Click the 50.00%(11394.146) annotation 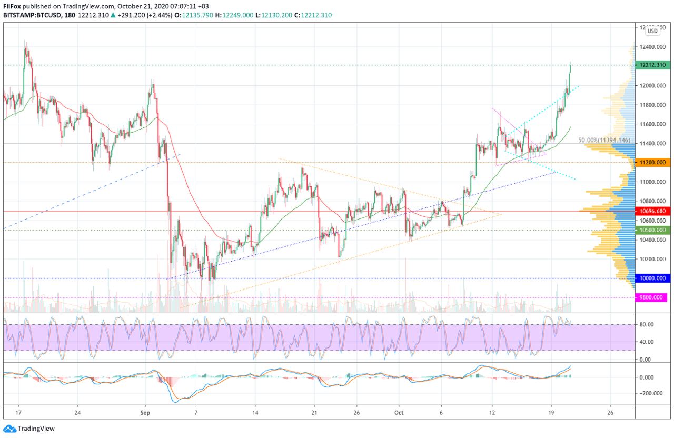point(604,140)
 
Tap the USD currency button point(652,31)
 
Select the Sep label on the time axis point(146,413)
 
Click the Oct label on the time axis point(399,413)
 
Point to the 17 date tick point(18,413)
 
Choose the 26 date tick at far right point(610,413)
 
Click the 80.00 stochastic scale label point(646,324)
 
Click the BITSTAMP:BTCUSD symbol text point(33,15)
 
